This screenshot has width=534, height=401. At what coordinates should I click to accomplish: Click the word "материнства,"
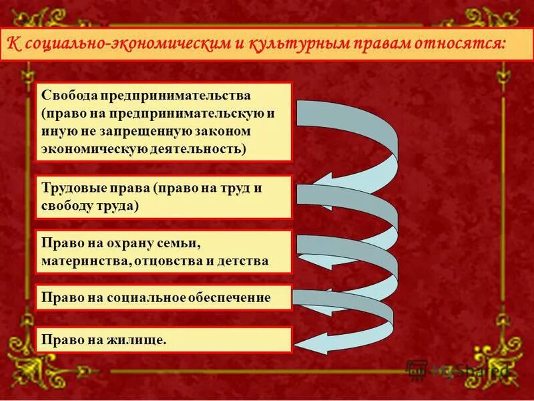point(85,260)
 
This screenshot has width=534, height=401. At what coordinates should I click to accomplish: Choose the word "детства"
point(244,260)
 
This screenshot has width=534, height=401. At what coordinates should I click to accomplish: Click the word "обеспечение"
point(231,297)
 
